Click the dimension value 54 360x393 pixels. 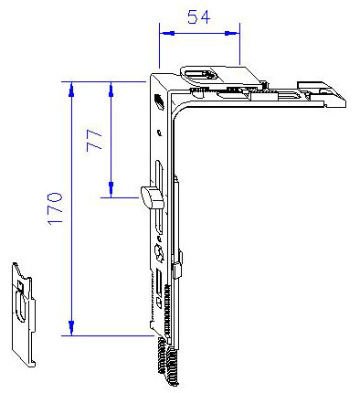tap(198, 17)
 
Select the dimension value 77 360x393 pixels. tap(94, 140)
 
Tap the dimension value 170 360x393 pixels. tap(55, 208)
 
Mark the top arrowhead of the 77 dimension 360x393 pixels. tap(111, 90)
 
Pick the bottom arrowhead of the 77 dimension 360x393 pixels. tap(111, 189)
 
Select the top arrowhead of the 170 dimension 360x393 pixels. tap(71, 90)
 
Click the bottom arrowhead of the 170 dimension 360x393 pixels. tap(71, 328)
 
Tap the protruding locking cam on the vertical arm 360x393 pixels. tap(152, 197)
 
